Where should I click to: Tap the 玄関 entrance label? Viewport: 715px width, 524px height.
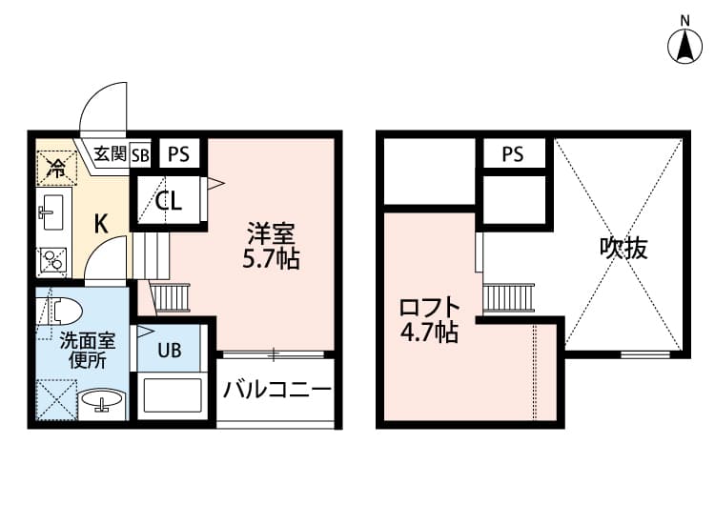[111, 153]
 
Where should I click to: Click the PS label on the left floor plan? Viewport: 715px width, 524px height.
[179, 153]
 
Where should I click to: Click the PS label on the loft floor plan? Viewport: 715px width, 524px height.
[513, 153]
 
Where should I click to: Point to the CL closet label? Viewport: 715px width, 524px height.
[170, 201]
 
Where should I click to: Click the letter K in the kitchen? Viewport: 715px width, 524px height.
[99, 224]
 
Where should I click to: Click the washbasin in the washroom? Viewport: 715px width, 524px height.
[100, 403]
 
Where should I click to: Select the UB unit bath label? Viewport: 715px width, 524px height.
[170, 350]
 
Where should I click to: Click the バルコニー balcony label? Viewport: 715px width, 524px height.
[277, 389]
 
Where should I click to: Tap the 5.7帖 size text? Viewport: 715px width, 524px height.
[271, 258]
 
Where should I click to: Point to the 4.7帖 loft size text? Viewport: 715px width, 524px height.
[430, 333]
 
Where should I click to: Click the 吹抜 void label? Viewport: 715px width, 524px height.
[623, 249]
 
